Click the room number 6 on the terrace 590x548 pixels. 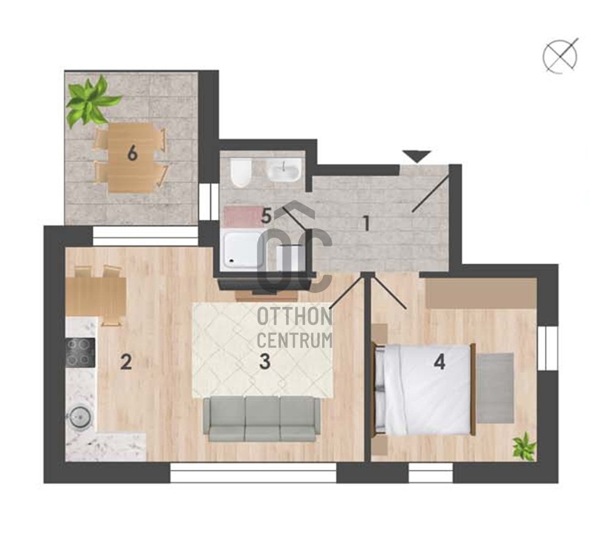[x=132, y=153]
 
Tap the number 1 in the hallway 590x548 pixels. [x=365, y=223]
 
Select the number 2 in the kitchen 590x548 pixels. [x=126, y=362]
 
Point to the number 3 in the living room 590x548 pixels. [x=265, y=362]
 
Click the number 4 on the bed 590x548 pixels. [x=440, y=362]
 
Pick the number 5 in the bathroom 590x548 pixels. [x=267, y=216]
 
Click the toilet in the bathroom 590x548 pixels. [x=241, y=174]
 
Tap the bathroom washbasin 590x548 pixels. [x=284, y=169]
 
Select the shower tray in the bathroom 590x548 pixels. [x=244, y=251]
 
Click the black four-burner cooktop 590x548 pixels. [x=80, y=353]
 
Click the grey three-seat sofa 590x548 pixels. [x=261, y=419]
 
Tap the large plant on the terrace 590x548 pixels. [x=91, y=101]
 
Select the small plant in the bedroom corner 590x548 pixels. [x=524, y=446]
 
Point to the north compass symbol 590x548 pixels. [x=560, y=57]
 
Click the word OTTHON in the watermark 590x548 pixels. [x=295, y=317]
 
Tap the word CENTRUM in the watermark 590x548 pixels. [x=295, y=340]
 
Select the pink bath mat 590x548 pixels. [x=243, y=216]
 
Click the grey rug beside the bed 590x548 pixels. [x=495, y=387]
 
